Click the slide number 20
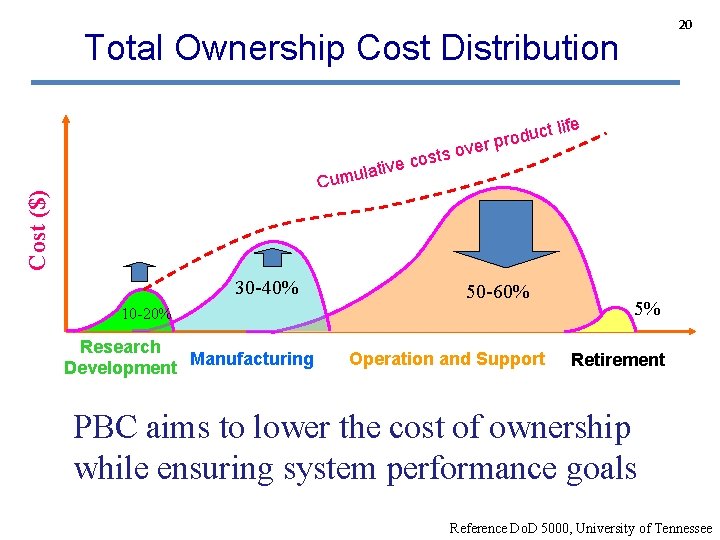tap(686, 23)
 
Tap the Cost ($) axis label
tap(37, 229)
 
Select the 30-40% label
tap(266, 289)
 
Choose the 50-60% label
tap(498, 293)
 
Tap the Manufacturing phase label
tap(252, 359)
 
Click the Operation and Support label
tap(447, 359)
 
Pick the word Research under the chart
tap(120, 347)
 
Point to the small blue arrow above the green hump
tap(139, 270)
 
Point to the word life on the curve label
tap(567, 127)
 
